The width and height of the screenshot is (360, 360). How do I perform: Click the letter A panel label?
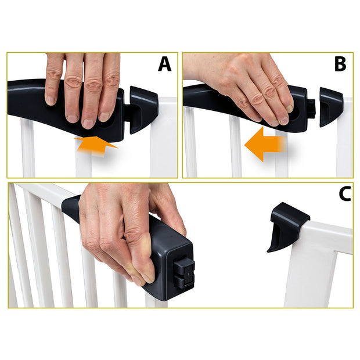tap(165, 64)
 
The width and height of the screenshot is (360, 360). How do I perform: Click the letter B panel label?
tap(340, 64)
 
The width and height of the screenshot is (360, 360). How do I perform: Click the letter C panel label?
tap(344, 195)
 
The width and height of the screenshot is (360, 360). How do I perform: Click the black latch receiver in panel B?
tap(330, 106)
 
